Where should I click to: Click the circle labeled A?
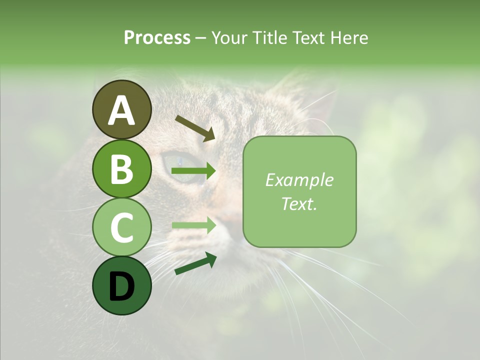121,109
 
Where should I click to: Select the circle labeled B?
121,168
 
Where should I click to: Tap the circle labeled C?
121,227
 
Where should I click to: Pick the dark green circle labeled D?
121,285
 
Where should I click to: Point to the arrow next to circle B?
193,171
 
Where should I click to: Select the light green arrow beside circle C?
193,225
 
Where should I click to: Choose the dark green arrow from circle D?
195,264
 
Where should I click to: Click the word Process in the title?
157,38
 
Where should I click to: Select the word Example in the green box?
299,180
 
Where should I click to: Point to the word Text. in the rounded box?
299,204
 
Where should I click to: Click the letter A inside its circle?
121,110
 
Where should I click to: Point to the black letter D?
121,286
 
